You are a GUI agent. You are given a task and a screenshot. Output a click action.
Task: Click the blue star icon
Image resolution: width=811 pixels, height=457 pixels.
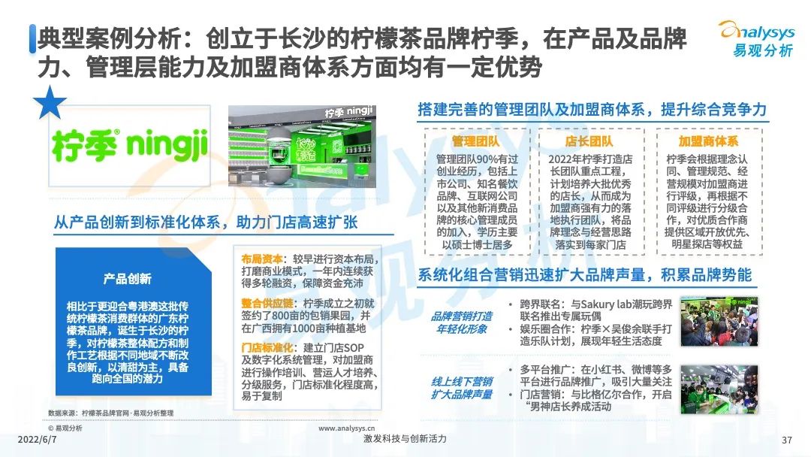(x=50, y=103)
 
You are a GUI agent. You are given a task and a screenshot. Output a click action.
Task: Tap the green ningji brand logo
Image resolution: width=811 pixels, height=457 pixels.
(x=129, y=145)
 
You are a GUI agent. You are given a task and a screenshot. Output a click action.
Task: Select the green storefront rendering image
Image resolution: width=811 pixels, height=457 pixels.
(x=302, y=147)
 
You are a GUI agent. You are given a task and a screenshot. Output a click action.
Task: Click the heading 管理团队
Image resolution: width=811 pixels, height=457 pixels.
(x=475, y=141)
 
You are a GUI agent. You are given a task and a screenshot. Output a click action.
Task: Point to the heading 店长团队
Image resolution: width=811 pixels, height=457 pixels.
(x=589, y=141)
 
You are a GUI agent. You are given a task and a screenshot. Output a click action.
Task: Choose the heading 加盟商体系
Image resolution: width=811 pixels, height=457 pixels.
(x=708, y=141)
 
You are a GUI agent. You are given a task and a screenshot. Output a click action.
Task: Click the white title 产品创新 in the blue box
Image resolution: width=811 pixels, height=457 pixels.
(x=127, y=279)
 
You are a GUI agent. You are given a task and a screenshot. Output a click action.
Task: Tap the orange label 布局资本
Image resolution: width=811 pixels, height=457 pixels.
(x=262, y=259)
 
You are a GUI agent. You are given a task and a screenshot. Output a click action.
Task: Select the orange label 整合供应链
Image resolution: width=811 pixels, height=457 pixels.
(x=267, y=303)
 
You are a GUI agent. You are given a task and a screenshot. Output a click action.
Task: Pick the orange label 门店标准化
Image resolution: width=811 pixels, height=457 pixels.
(x=267, y=347)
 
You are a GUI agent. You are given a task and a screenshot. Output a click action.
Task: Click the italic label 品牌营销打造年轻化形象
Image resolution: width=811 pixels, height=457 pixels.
(x=461, y=322)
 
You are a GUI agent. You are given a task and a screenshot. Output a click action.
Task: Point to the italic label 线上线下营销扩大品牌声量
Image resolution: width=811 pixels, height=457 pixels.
(x=461, y=388)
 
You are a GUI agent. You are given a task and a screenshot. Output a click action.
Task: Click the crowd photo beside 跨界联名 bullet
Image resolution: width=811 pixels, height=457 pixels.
(x=719, y=322)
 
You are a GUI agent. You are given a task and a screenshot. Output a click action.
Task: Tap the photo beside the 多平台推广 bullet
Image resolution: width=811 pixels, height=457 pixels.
(x=719, y=389)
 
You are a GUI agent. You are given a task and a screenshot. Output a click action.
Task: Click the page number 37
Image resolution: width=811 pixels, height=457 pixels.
(x=786, y=440)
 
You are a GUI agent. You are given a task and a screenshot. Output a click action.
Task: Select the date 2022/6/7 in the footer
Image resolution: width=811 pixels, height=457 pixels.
(x=38, y=440)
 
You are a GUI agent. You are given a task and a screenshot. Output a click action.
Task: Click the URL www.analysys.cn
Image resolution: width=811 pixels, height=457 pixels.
(x=346, y=428)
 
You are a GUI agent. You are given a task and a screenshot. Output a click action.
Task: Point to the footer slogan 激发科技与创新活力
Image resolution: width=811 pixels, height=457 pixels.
(x=405, y=439)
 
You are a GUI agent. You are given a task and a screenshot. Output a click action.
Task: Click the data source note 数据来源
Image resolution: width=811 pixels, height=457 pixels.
(x=110, y=413)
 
